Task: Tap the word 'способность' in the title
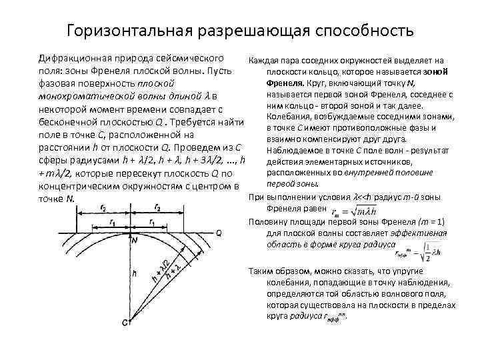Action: (361, 31)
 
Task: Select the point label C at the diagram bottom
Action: (125, 323)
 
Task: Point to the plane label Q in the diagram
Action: (219, 233)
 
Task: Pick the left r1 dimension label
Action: (115, 221)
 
